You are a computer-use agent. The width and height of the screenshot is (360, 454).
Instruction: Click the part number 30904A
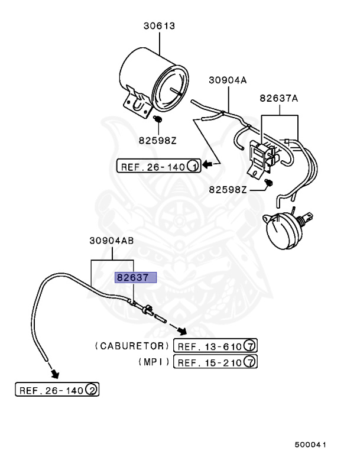coord(226,80)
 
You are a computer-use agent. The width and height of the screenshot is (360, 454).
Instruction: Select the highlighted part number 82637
coord(135,278)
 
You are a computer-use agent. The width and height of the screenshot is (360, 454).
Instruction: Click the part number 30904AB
coord(112,241)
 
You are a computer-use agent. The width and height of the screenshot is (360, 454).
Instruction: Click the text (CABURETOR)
coord(131,346)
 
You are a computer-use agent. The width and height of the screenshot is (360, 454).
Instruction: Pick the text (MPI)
coord(154,362)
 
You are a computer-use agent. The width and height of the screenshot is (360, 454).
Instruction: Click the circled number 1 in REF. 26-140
coord(193,167)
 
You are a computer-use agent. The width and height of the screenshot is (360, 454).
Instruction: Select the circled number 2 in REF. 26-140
coord(92,390)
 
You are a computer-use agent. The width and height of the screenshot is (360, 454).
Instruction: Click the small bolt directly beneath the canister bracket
coord(158,121)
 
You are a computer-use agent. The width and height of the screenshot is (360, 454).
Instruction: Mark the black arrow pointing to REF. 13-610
coord(181,331)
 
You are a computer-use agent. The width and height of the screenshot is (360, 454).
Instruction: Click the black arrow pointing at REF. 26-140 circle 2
coord(54,373)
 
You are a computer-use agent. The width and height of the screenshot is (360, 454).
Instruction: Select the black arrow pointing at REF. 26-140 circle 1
coord(208,164)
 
